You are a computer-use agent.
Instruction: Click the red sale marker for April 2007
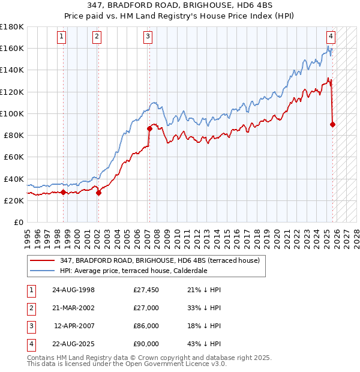tap(149, 128)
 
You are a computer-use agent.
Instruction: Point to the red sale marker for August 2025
tap(333, 124)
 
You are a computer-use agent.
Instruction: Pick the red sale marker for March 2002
tap(99, 193)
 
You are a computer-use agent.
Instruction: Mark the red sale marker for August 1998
tap(63, 192)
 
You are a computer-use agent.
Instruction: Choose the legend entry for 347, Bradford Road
tap(160, 260)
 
